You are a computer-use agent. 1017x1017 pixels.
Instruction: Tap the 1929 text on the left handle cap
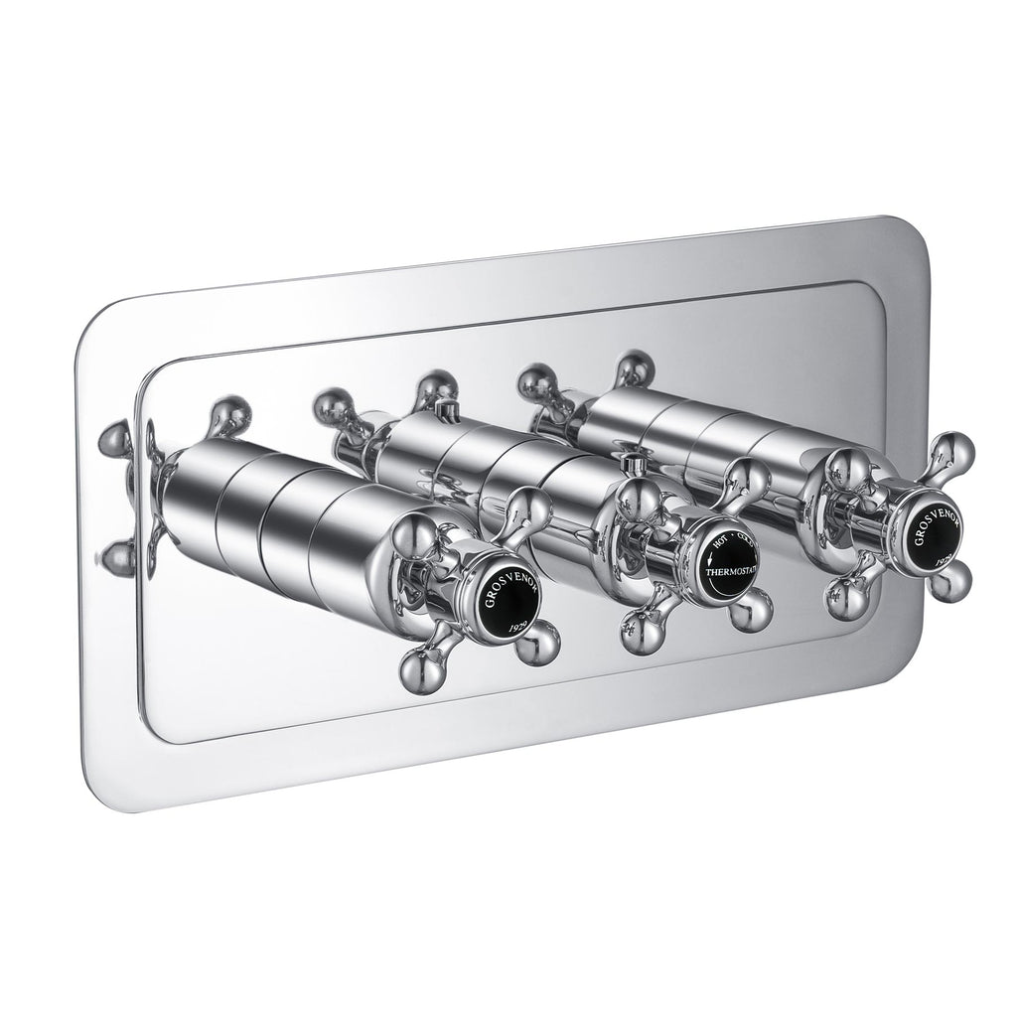[518, 626]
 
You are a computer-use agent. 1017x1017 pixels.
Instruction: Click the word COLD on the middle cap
[743, 540]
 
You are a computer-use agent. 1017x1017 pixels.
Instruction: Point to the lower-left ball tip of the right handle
[845, 596]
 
